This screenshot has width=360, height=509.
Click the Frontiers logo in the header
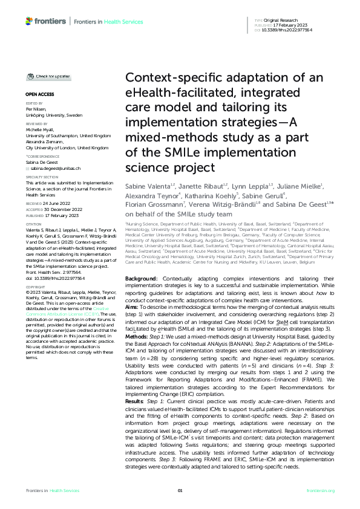click(46, 21)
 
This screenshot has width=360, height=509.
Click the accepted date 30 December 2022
click(56, 209)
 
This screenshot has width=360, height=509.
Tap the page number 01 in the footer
click(180, 490)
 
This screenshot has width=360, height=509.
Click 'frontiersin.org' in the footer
click(321, 490)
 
